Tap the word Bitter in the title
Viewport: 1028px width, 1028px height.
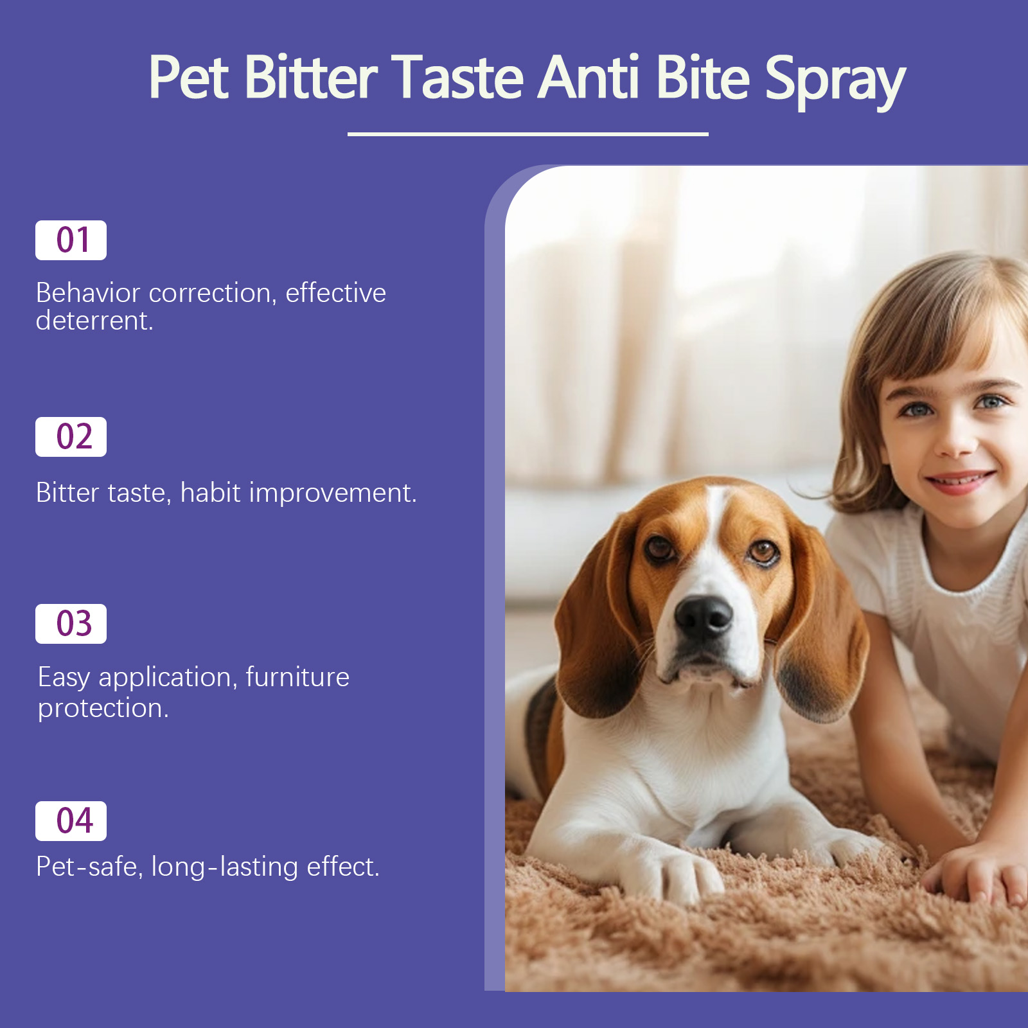[x=311, y=77]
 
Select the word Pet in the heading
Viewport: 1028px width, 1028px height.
[x=188, y=77]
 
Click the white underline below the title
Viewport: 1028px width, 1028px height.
[x=527, y=134]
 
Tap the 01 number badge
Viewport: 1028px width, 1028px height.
[x=71, y=240]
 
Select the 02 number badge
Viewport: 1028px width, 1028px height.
[x=71, y=437]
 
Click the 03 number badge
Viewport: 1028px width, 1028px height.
[x=71, y=624]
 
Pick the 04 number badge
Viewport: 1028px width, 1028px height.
[x=71, y=821]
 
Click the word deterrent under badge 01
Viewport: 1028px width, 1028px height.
[x=94, y=321]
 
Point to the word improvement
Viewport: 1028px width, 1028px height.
[x=333, y=493]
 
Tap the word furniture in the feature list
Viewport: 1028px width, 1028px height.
[x=297, y=677]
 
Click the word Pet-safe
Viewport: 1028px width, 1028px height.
[x=89, y=867]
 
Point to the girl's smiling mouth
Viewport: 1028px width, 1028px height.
[x=959, y=482]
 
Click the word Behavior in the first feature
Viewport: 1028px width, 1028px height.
[x=88, y=293]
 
